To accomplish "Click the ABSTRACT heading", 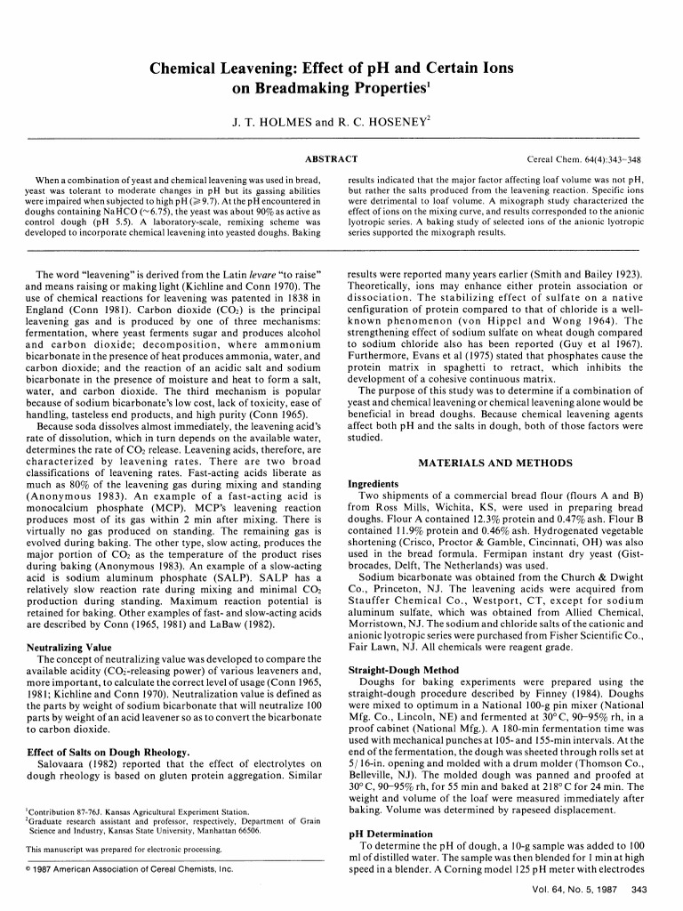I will (x=332, y=159).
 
